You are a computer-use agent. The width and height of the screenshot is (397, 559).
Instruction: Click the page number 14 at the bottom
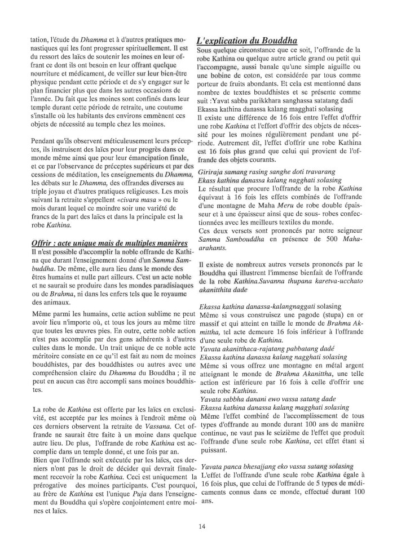pos(201,527)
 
